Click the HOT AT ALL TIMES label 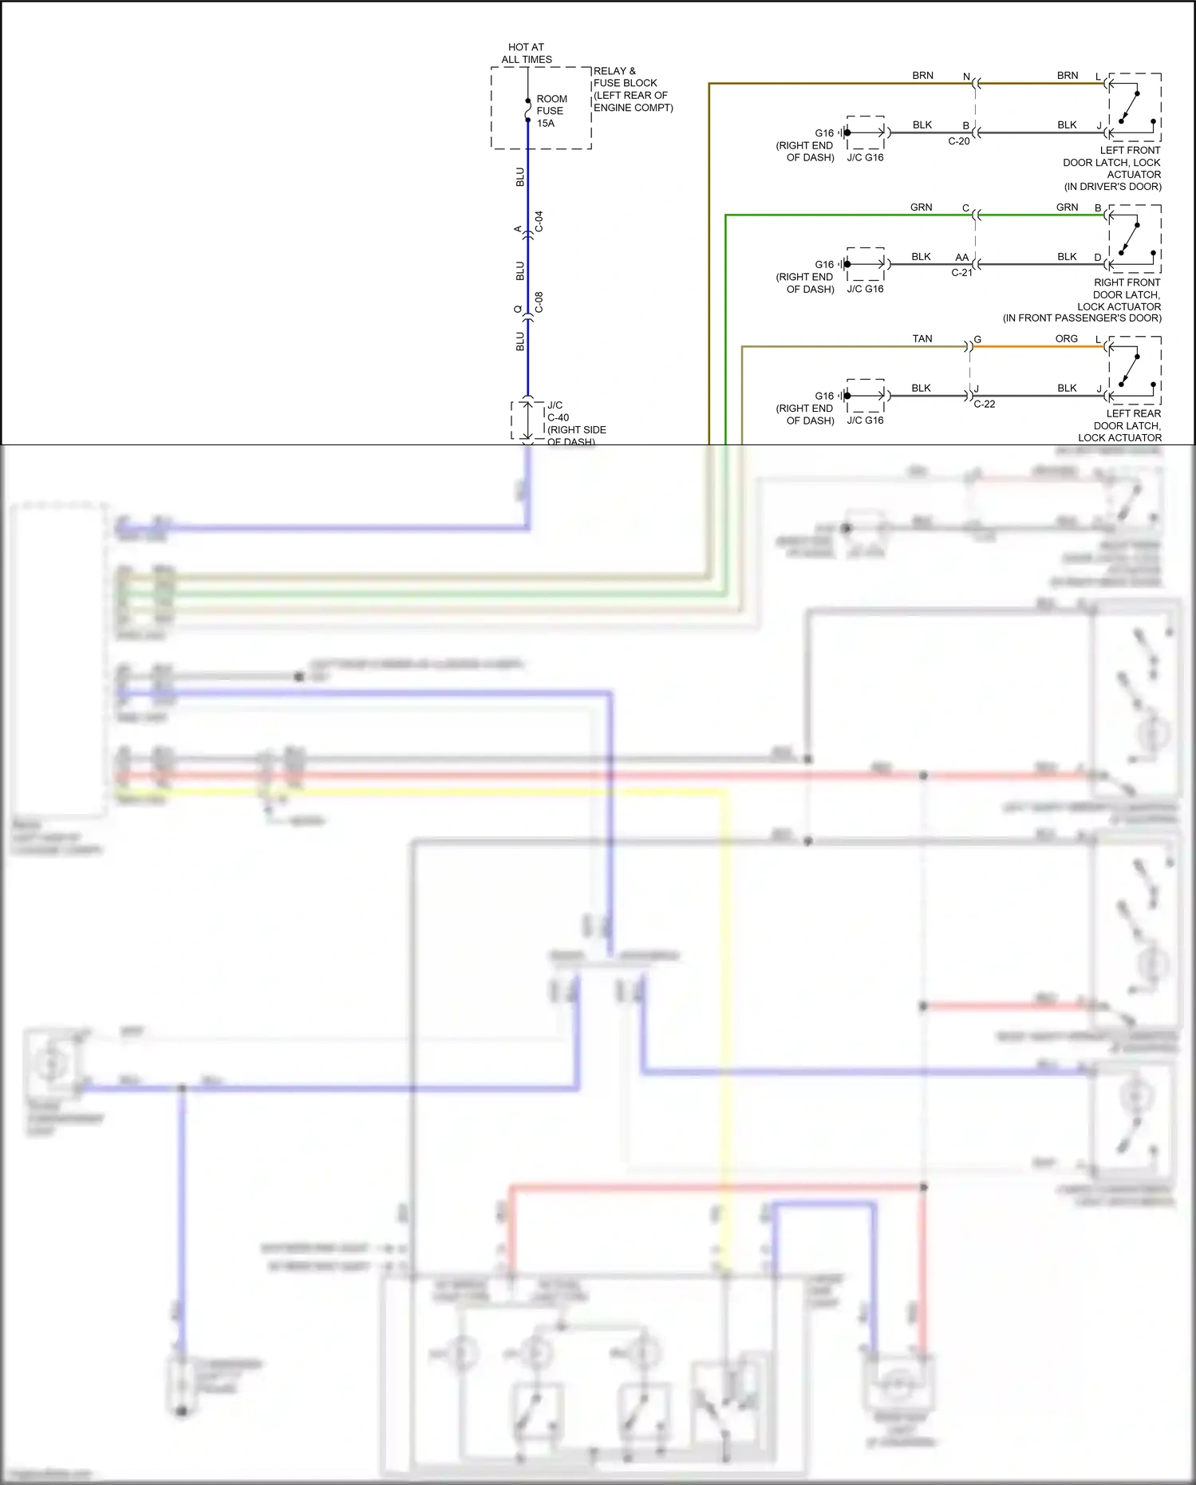point(526,53)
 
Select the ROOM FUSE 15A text point(551,111)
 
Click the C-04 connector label point(539,222)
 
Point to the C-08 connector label point(539,302)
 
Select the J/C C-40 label point(559,412)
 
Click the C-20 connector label point(958,141)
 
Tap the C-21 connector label point(961,273)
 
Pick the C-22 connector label point(984,404)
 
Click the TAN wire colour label point(922,339)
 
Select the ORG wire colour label point(1066,339)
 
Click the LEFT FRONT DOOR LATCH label point(1113,168)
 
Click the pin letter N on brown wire point(966,77)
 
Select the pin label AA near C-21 point(961,258)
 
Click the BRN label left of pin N point(922,76)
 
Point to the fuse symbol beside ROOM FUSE point(527,111)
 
